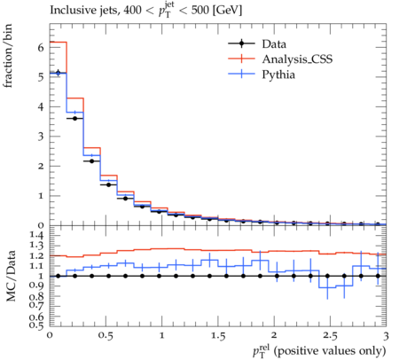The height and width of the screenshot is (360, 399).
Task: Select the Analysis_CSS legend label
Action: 297,59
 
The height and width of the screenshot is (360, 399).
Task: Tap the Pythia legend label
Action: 278,74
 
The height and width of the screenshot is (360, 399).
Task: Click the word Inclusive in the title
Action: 70,10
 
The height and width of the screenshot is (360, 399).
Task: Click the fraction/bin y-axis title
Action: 8,56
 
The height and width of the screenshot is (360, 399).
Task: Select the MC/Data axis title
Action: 11,276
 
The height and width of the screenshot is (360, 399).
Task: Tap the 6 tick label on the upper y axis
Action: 41,47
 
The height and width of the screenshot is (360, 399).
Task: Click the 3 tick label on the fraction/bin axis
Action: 41,137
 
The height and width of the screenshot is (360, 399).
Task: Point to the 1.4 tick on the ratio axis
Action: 37,235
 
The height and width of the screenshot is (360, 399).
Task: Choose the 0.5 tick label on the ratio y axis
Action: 37,325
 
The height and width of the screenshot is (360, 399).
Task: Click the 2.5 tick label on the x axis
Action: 330,336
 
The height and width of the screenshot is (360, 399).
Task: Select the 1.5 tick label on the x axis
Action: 218,336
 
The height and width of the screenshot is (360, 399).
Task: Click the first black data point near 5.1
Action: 59,73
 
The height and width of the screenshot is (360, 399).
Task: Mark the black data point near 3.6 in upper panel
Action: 74,118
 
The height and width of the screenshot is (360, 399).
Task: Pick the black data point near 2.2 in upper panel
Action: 91,161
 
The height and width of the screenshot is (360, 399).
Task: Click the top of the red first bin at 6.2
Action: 59,43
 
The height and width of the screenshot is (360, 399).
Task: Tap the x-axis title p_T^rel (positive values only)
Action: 319,350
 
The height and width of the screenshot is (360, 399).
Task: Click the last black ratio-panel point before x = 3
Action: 378,276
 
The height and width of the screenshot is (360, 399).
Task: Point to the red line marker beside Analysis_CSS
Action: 241,59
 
